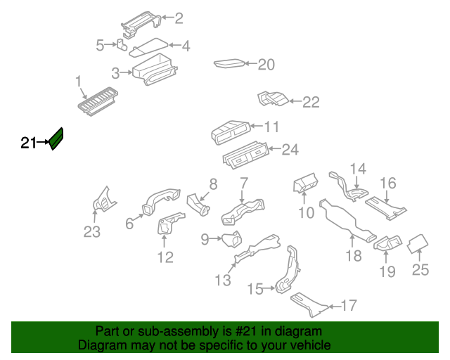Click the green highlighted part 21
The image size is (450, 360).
point(56,138)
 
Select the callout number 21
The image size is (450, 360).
point(28,143)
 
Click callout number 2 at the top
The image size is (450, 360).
point(179,18)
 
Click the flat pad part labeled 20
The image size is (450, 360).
point(229,64)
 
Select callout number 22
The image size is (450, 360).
point(311,103)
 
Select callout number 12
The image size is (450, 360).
point(165,257)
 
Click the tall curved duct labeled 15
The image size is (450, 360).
point(287,271)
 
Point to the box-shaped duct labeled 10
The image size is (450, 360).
point(305,184)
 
